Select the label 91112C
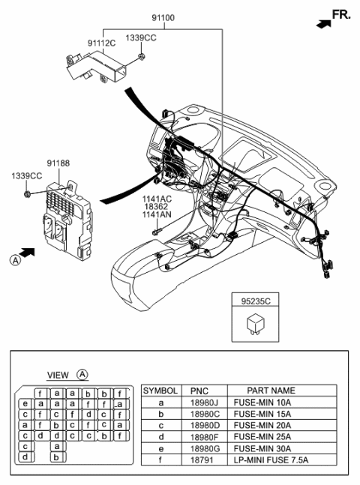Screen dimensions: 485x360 (101, 44)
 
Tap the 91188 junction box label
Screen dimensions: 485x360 (58, 163)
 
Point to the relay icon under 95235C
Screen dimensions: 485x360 (257, 323)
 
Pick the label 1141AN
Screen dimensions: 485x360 (157, 215)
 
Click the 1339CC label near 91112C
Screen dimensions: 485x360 (140, 37)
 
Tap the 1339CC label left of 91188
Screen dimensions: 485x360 (26, 175)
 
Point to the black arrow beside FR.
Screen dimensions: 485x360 (322, 24)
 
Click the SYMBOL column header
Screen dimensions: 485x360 (160, 391)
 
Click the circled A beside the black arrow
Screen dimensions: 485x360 (15, 260)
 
